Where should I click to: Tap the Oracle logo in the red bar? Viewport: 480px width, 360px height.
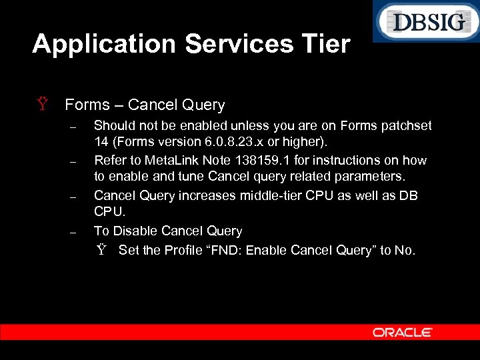click(x=403, y=332)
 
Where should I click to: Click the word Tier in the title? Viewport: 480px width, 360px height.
click(x=325, y=44)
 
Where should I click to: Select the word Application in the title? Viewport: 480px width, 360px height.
click(x=104, y=44)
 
